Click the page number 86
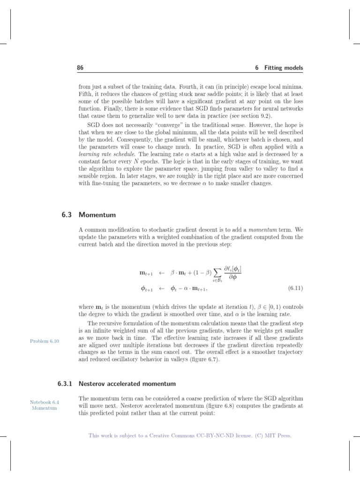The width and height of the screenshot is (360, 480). tap(80, 68)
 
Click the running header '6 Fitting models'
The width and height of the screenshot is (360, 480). tap(279, 68)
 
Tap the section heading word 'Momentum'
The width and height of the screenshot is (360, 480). tap(97, 215)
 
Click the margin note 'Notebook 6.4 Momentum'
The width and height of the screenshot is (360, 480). tap(45, 405)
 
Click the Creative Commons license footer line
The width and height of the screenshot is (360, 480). tap(190, 435)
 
